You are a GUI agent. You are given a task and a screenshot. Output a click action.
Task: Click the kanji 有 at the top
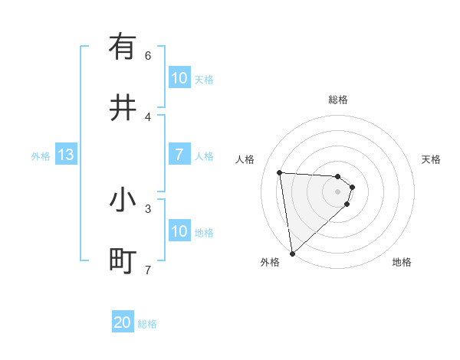pyautogui.click(x=123, y=47)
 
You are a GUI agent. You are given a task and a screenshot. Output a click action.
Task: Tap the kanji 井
pyautogui.click(x=123, y=109)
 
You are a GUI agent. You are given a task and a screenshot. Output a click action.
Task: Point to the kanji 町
pyautogui.click(x=123, y=261)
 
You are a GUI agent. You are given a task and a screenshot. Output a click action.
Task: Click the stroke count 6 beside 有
pyautogui.click(x=148, y=55)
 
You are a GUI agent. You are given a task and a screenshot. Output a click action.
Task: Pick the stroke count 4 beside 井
pyautogui.click(x=148, y=116)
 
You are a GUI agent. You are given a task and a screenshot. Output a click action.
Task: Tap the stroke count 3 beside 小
pyautogui.click(x=148, y=208)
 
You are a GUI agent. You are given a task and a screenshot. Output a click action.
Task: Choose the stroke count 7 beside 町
pyautogui.click(x=148, y=269)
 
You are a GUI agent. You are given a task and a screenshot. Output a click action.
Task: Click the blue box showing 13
pyautogui.click(x=66, y=155)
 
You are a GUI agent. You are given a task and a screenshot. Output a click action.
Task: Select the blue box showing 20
pyautogui.click(x=123, y=322)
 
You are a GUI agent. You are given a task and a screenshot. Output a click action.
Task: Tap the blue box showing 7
pyautogui.click(x=179, y=155)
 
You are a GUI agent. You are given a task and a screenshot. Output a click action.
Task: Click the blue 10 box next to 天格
pyautogui.click(x=179, y=78)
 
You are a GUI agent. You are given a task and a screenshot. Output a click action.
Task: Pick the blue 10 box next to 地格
pyautogui.click(x=179, y=231)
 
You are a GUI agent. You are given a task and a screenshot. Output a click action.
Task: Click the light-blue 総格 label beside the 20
pyautogui.click(x=147, y=324)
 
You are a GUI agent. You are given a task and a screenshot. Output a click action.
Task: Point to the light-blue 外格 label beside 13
pyautogui.click(x=41, y=156)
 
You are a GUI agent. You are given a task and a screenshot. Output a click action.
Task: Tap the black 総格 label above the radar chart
pyautogui.click(x=338, y=100)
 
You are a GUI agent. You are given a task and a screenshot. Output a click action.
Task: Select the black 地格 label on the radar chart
pyautogui.click(x=402, y=262)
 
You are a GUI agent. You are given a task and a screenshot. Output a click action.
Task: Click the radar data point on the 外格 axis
pyautogui.click(x=292, y=253)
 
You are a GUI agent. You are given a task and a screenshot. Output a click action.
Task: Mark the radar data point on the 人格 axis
pyautogui.click(x=280, y=172)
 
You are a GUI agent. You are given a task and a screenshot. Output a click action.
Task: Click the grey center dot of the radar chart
pyautogui.click(x=338, y=191)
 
